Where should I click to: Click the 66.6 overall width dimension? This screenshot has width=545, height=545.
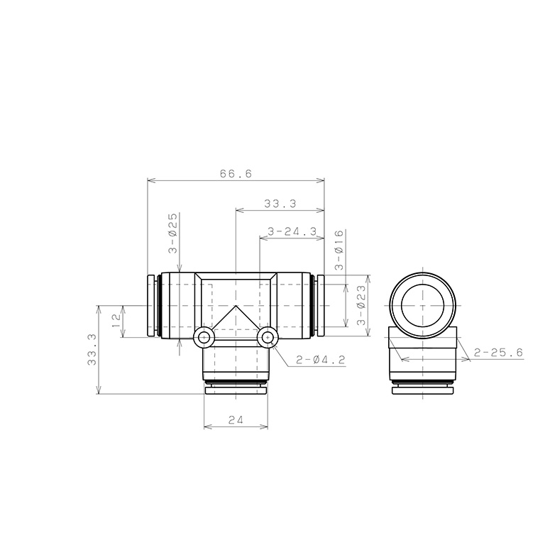coord(236,173)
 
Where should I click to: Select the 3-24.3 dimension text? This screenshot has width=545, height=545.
coord(292,231)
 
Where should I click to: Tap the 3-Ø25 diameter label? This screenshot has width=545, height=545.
coord(172,233)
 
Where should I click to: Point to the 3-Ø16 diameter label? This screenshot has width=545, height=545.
coord(339,250)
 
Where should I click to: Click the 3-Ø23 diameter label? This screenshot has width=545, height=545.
coord(361,305)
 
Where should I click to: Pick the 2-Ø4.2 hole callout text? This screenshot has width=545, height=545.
coord(321,360)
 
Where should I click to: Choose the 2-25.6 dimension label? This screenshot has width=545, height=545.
coord(498,353)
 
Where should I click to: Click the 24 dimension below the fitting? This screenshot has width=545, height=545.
coord(236,420)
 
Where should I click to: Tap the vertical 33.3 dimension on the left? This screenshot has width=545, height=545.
coord(92,349)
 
